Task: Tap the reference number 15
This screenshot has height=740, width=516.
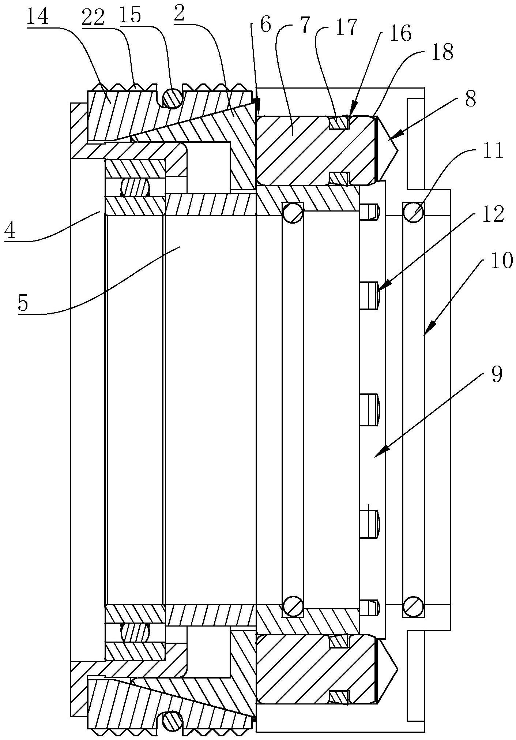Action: tap(131, 17)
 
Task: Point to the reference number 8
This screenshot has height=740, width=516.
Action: tap(470, 99)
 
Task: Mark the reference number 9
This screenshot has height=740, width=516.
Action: tap(496, 375)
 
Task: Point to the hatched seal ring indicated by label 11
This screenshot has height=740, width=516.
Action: tap(413, 212)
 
